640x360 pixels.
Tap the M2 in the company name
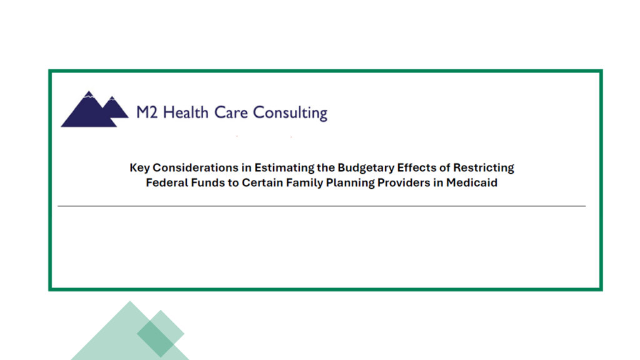[x=146, y=112]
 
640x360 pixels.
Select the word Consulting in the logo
[x=290, y=113]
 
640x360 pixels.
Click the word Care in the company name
[x=231, y=112]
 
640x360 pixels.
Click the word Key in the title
[x=139, y=168]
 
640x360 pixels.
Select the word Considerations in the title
[x=195, y=167]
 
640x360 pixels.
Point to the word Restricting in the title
[x=484, y=168]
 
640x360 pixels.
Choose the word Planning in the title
[x=350, y=183]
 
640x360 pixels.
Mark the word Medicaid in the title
[x=471, y=182]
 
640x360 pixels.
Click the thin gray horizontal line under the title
[x=322, y=206]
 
